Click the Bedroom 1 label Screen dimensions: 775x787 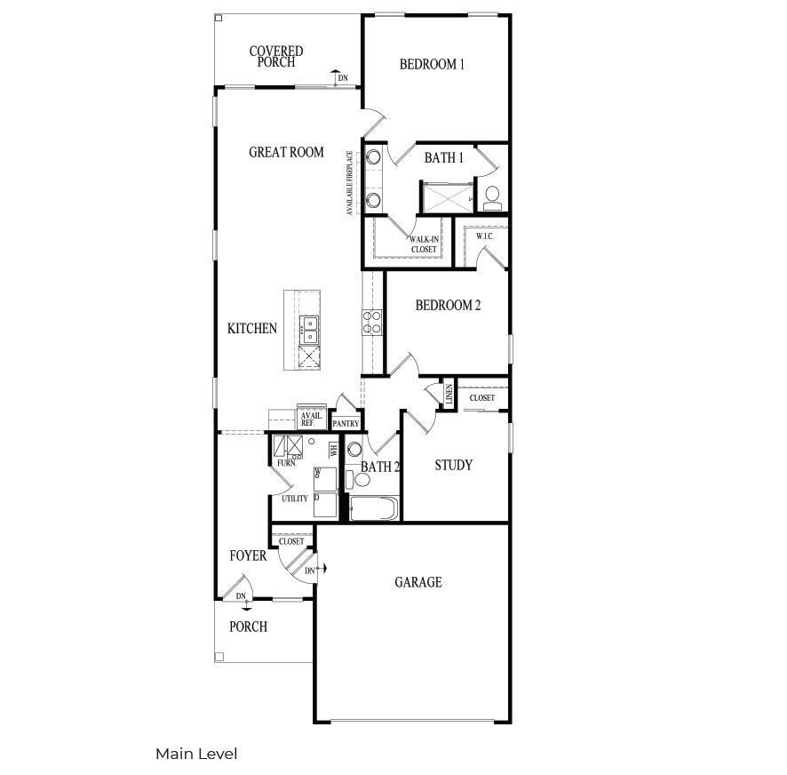pyautogui.click(x=432, y=64)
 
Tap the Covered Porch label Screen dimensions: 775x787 pyautogui.click(x=275, y=57)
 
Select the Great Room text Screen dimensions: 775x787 pyautogui.click(x=286, y=152)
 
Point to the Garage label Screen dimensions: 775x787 pyautogui.click(x=417, y=582)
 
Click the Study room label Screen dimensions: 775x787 pyautogui.click(x=453, y=466)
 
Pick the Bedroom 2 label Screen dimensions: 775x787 pyautogui.click(x=448, y=306)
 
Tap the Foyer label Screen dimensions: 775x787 pyautogui.click(x=248, y=556)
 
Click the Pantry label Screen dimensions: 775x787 pyautogui.click(x=346, y=424)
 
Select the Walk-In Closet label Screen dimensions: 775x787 pyautogui.click(x=423, y=244)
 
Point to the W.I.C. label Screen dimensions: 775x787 pyautogui.click(x=484, y=236)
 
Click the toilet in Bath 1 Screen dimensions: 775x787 pyautogui.click(x=492, y=197)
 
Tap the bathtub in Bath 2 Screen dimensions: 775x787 pyautogui.click(x=372, y=509)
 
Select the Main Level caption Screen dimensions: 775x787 pyautogui.click(x=196, y=754)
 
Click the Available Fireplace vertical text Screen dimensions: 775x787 pyautogui.click(x=351, y=182)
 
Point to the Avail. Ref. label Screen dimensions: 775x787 pyautogui.click(x=311, y=419)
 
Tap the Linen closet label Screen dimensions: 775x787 pyautogui.click(x=449, y=395)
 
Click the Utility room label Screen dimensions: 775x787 pyautogui.click(x=295, y=499)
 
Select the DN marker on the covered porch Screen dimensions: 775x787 pyautogui.click(x=342, y=79)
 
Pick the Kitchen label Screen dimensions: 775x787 pyautogui.click(x=252, y=329)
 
